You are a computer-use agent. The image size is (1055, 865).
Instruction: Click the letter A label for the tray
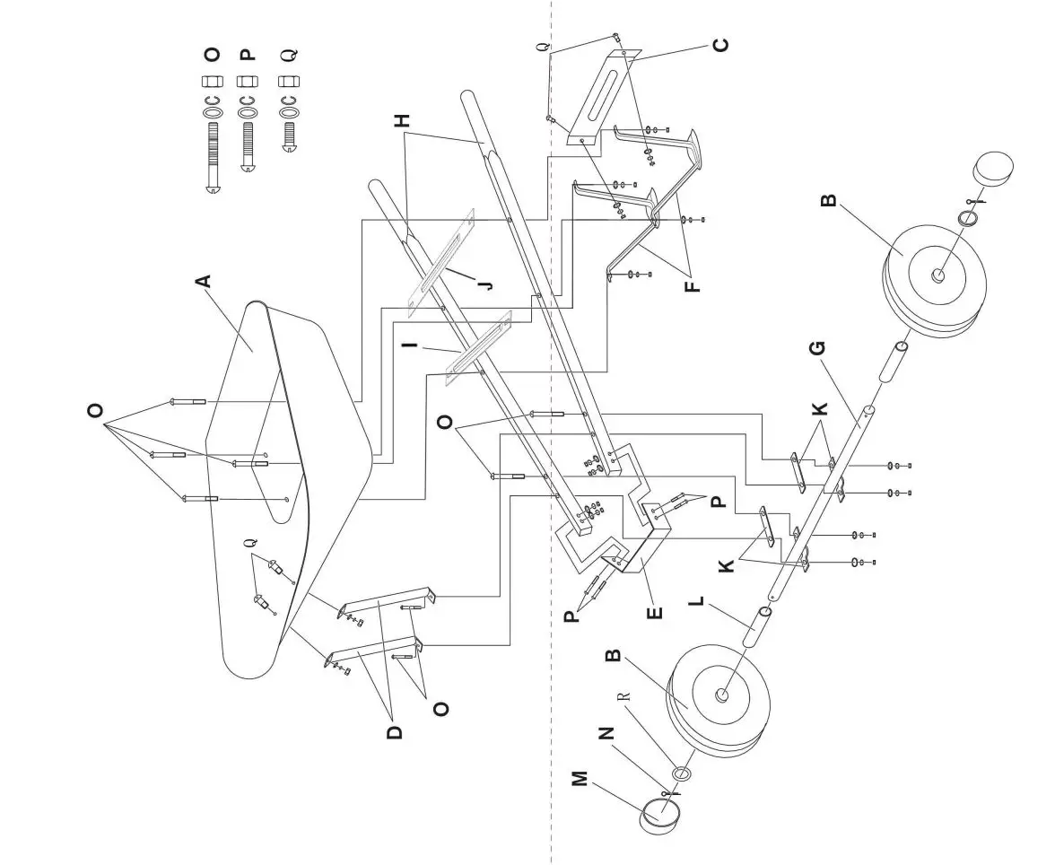click(x=204, y=281)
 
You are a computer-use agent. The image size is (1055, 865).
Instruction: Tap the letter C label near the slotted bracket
click(x=720, y=44)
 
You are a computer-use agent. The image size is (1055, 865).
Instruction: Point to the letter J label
click(x=485, y=284)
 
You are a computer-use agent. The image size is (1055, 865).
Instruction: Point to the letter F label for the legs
click(x=693, y=286)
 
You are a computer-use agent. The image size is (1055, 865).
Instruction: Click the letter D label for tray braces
click(x=394, y=731)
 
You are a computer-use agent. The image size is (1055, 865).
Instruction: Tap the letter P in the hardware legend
click(x=248, y=54)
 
